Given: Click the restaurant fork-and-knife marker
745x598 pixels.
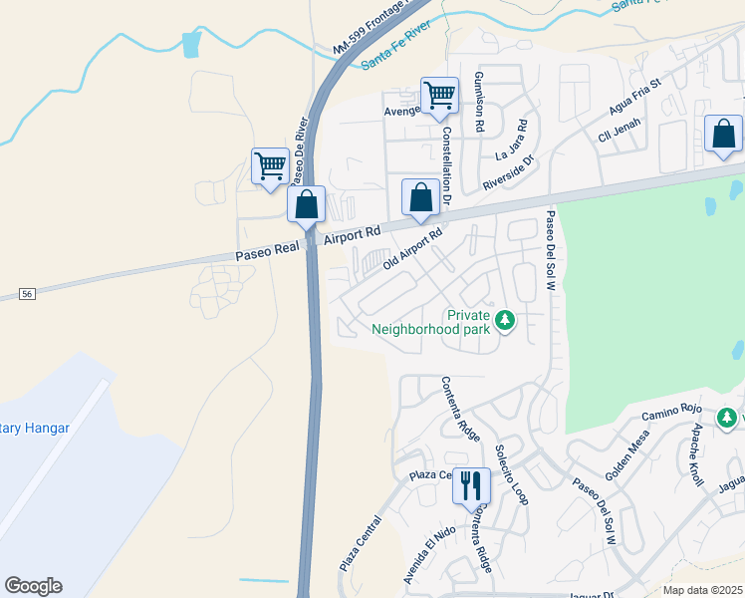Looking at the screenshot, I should click(471, 485).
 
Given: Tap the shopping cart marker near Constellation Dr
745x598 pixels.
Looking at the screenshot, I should click(439, 96).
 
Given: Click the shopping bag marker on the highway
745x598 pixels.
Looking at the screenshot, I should click(307, 204).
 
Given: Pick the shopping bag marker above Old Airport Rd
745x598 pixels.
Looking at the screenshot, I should click(420, 197).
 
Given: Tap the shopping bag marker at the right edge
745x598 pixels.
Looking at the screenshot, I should click(723, 134).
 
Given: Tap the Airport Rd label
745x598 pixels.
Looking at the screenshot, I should click(353, 235).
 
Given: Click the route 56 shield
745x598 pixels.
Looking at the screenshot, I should click(28, 294).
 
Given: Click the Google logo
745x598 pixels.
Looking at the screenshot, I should click(33, 586).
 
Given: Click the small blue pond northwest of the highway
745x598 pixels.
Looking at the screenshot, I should click(190, 45).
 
